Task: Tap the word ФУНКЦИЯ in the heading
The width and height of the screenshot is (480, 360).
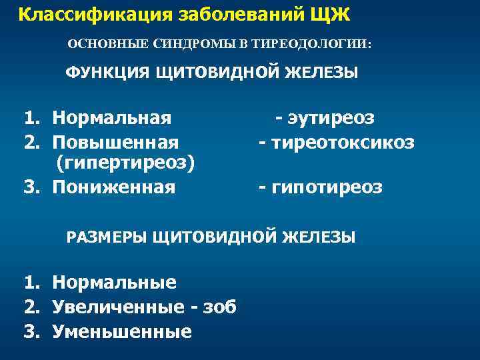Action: coord(107,73)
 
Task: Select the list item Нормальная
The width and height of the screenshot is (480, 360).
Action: coord(112,119)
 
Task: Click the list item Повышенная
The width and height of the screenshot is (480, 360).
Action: coord(115,143)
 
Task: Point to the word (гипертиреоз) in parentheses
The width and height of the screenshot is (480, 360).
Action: coord(126,164)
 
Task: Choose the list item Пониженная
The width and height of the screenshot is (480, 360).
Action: coord(114,188)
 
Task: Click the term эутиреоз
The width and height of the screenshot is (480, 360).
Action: coord(331,119)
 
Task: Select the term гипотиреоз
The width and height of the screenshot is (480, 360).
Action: coord(326,188)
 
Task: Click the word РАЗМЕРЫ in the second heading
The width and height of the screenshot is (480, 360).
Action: coord(107,237)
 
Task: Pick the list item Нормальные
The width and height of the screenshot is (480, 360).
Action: coord(115,283)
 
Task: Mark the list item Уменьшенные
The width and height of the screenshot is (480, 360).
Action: coord(122,331)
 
